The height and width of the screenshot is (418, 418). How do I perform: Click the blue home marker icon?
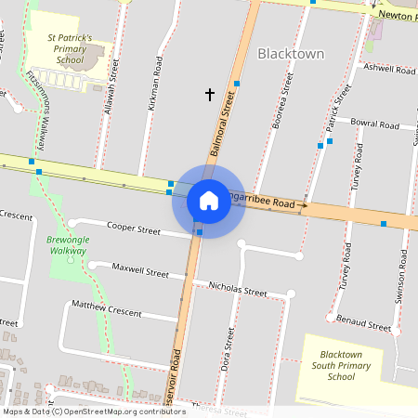pyautogui.click(x=209, y=200)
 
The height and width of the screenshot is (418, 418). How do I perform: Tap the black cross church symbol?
pyautogui.click(x=209, y=94)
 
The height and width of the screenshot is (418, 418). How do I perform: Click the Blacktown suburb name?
pyautogui.click(x=291, y=54)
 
